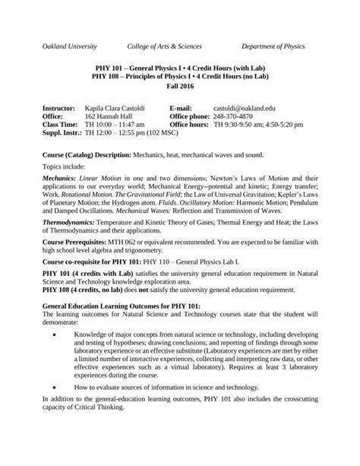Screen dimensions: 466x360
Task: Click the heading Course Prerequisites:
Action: click(x=77, y=253)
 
